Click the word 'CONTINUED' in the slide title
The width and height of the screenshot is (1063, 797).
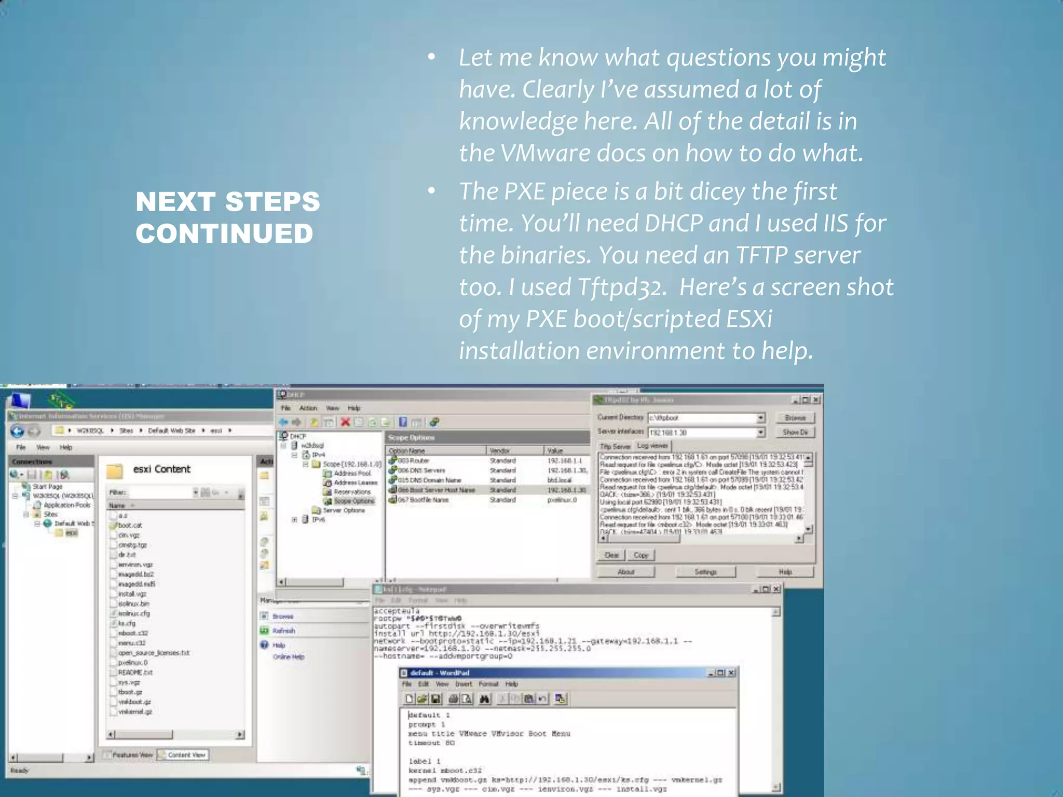(x=224, y=233)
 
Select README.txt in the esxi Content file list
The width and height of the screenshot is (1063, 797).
(x=135, y=672)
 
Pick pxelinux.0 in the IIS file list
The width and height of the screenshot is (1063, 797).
(x=132, y=663)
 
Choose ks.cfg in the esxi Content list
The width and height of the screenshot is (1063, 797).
(x=127, y=623)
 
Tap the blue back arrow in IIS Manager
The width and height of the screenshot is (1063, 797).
(x=18, y=431)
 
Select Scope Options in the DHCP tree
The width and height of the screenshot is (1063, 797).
(x=353, y=501)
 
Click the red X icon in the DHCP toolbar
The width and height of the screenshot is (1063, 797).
(x=345, y=422)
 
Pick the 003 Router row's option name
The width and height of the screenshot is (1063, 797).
(x=413, y=461)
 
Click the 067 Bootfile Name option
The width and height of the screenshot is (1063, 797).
(x=423, y=500)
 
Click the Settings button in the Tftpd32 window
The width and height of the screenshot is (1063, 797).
(x=705, y=572)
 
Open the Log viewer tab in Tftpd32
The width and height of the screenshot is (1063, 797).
(x=652, y=446)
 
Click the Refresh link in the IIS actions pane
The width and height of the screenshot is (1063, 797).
(x=283, y=631)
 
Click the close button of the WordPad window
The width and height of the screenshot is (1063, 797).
(x=731, y=673)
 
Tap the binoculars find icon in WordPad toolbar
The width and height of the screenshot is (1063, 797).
(x=484, y=699)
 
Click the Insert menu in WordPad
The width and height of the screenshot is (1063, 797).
(x=464, y=684)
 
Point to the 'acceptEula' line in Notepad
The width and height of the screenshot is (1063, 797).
(x=397, y=611)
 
